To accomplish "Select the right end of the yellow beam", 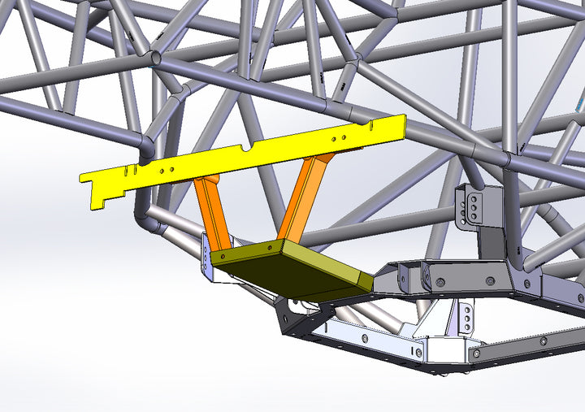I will point(398,127).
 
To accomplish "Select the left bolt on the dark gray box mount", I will point(438,281).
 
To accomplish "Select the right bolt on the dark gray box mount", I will point(489,280).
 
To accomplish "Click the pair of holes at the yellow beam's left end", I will point(167,171).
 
